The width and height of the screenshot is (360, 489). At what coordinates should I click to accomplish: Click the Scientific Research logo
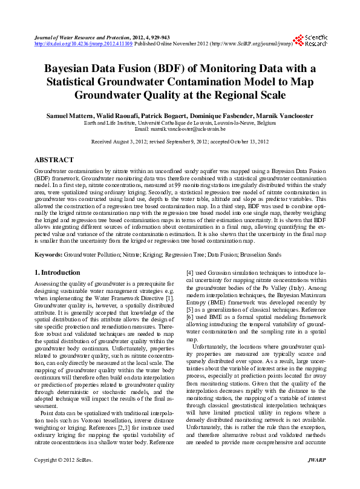tap(315, 40)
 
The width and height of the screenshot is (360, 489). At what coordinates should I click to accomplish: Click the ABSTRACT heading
tap(54, 160)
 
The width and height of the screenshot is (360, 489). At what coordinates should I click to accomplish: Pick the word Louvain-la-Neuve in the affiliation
tap(238, 122)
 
